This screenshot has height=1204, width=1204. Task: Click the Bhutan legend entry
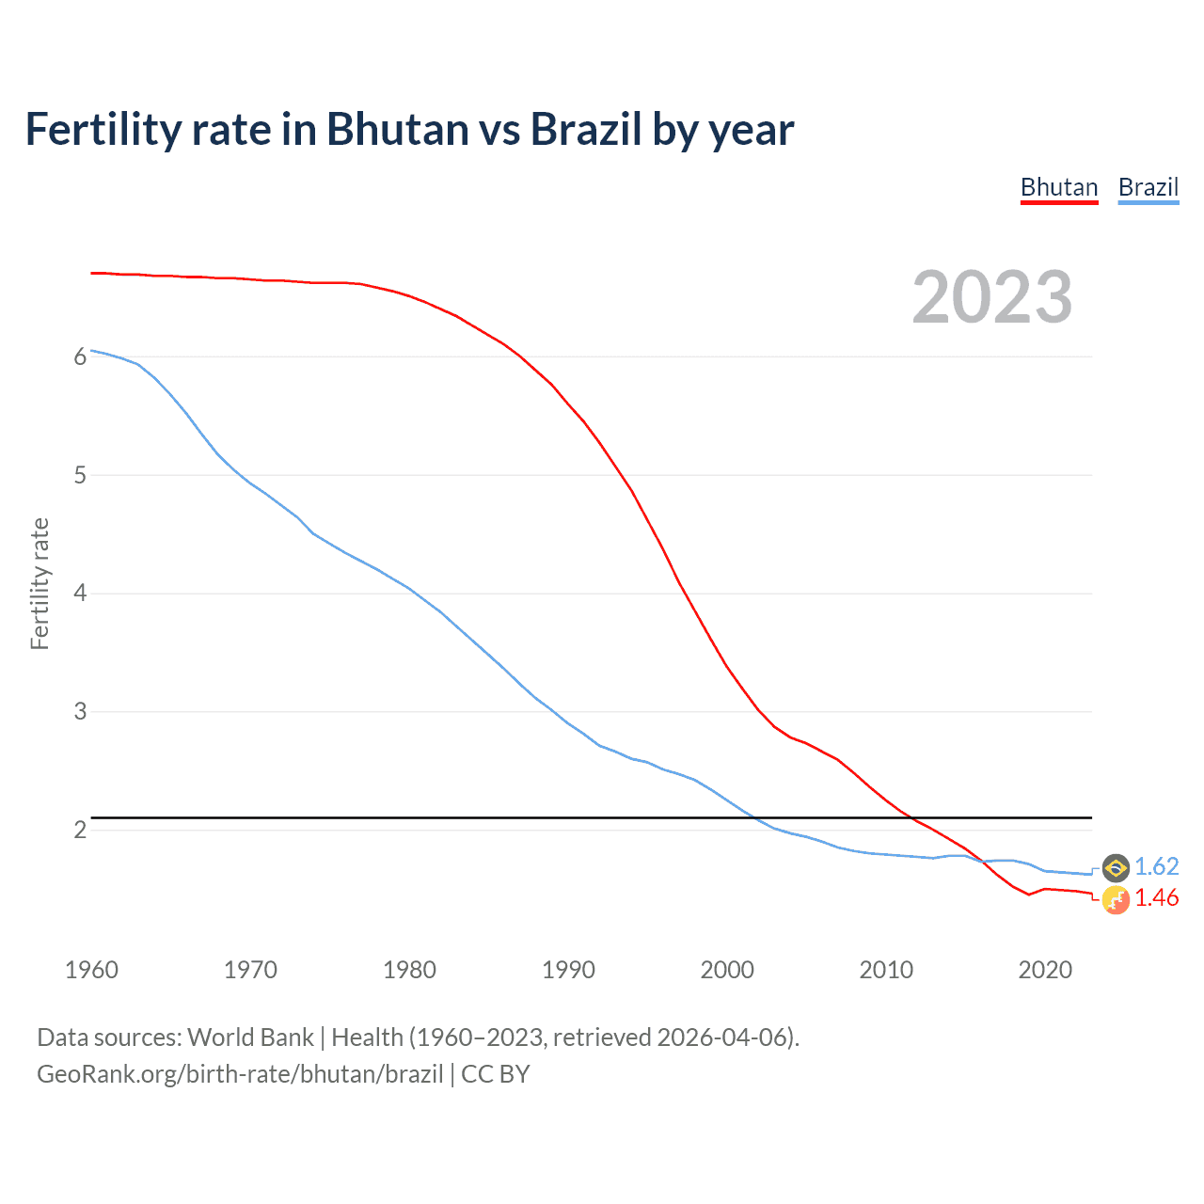[1059, 187]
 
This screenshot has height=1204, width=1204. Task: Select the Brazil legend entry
[1148, 187]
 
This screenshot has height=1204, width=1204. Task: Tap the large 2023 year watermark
[991, 297]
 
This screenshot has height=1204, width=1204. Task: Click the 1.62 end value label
[1156, 866]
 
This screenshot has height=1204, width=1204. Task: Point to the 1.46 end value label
[1156, 898]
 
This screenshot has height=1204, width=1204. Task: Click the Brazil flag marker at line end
[1116, 867]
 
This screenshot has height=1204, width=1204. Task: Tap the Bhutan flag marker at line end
[1116, 900]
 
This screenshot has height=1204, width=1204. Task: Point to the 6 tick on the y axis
[80, 356]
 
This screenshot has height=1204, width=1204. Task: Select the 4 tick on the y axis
[80, 594]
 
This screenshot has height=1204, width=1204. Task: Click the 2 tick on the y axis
[80, 830]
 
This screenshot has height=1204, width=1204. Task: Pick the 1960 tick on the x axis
[91, 970]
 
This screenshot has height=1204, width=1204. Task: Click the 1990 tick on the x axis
[568, 970]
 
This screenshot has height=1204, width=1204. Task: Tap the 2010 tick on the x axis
[886, 970]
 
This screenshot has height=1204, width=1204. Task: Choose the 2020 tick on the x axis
[1045, 970]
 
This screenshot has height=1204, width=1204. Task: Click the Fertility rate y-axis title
[40, 583]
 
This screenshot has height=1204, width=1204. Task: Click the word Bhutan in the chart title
[397, 129]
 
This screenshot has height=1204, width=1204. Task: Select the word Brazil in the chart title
[585, 129]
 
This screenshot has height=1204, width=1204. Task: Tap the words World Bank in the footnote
[250, 1038]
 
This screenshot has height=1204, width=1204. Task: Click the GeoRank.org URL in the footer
[240, 1074]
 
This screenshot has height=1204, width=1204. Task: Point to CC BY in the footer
[496, 1074]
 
